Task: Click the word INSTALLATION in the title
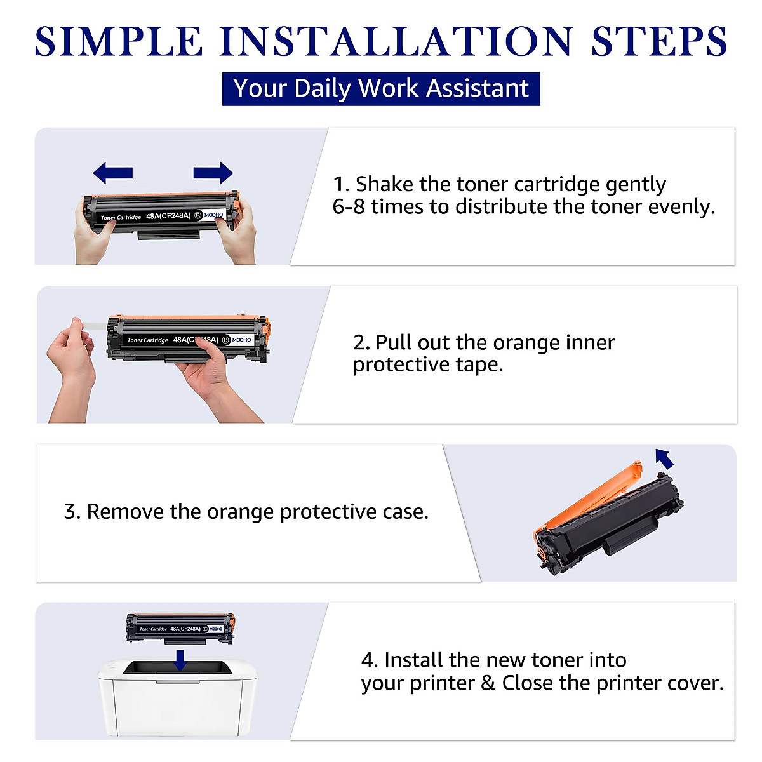[396, 41]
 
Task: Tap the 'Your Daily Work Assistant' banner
[381, 88]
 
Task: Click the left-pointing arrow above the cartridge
[112, 172]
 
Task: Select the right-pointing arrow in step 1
[213, 172]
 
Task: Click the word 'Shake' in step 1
[384, 184]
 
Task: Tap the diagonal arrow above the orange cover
[664, 458]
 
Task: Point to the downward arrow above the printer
[180, 659]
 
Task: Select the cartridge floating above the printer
[180, 628]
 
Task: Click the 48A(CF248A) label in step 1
[168, 216]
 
